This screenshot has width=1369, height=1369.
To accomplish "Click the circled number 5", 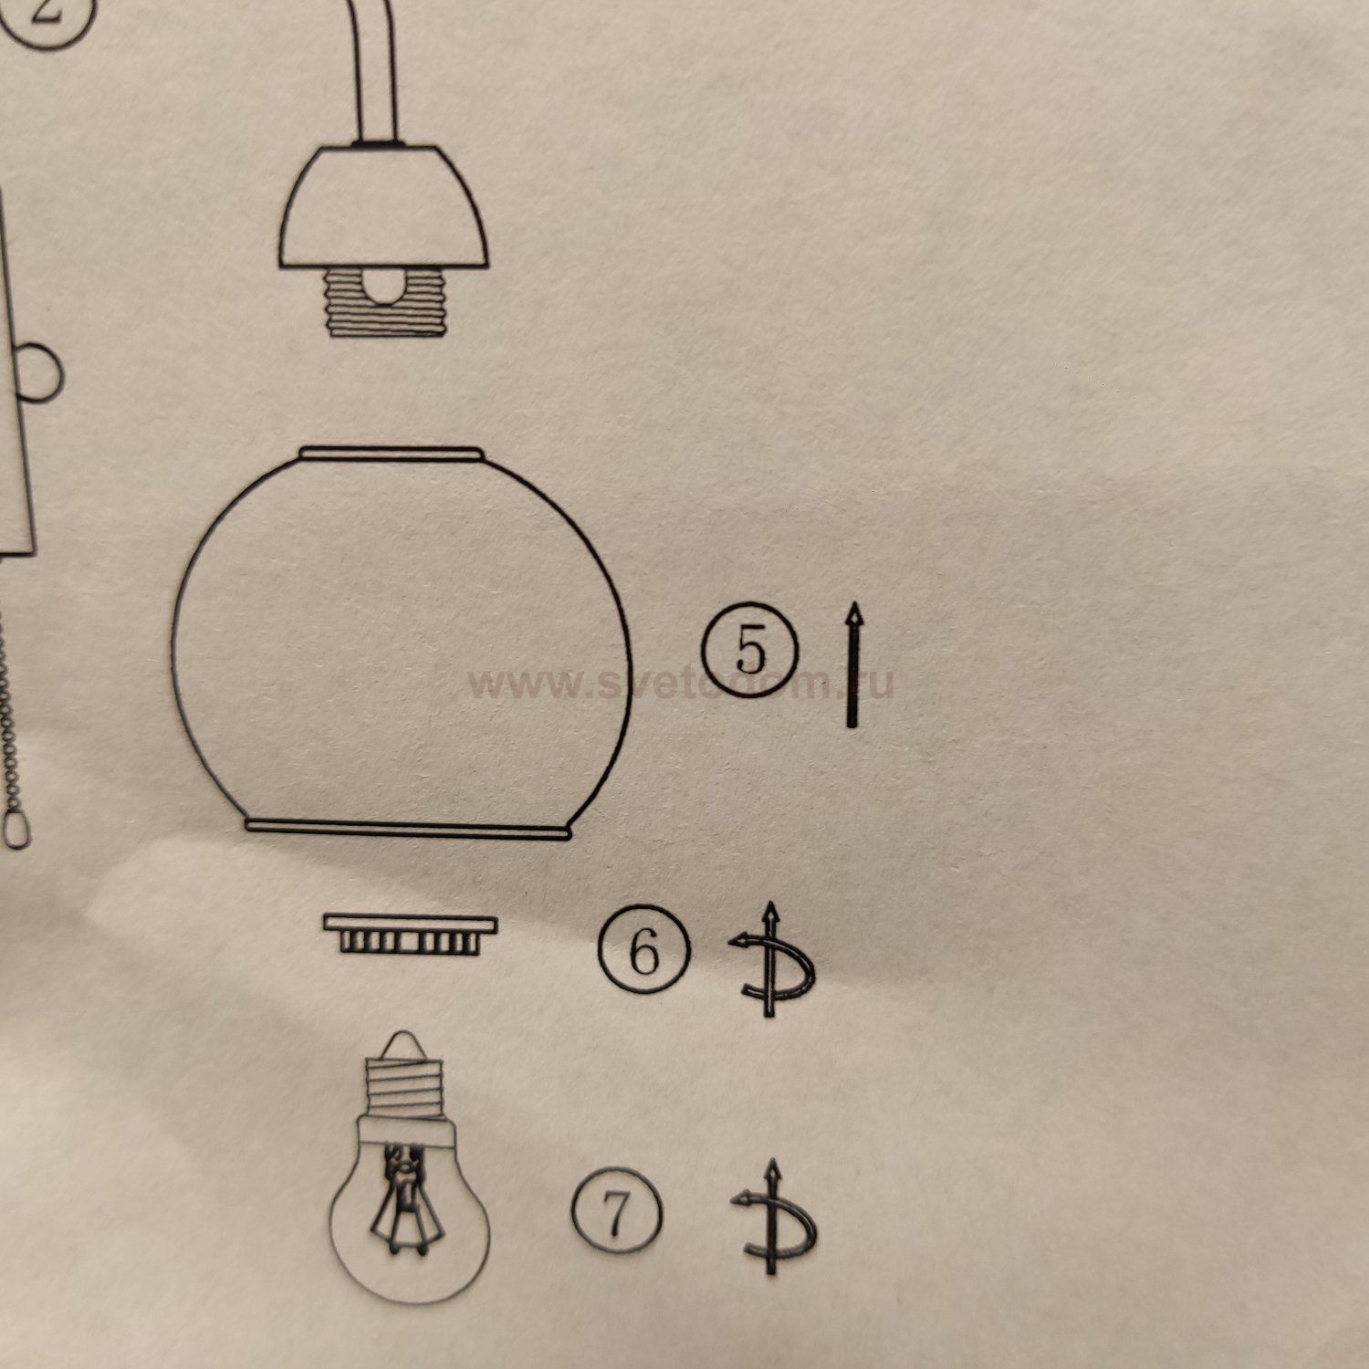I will coord(750,650).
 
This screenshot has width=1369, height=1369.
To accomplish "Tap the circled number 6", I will coord(644,951).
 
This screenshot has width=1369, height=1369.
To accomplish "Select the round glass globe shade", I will coord(402,639).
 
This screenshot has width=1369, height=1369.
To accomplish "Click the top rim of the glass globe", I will coord(391,453).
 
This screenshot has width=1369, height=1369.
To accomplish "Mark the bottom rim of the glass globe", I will coord(408,828).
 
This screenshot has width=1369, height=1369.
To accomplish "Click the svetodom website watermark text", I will coord(680,683).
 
